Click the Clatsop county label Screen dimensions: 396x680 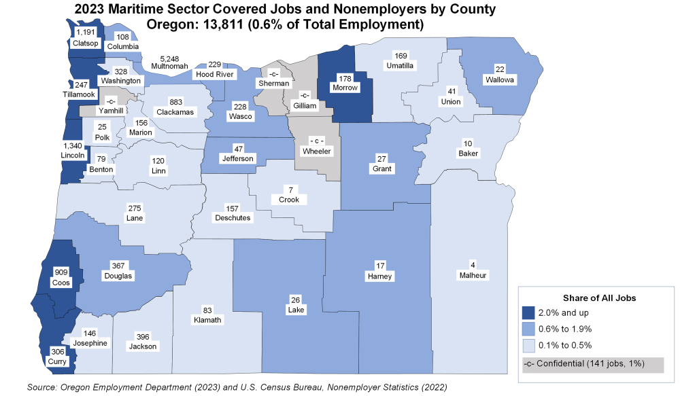[86, 38]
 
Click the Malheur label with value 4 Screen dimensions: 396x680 [473, 270]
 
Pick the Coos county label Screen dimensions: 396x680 [61, 278]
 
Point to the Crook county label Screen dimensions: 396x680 [288, 194]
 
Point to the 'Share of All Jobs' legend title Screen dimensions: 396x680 [599, 298]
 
